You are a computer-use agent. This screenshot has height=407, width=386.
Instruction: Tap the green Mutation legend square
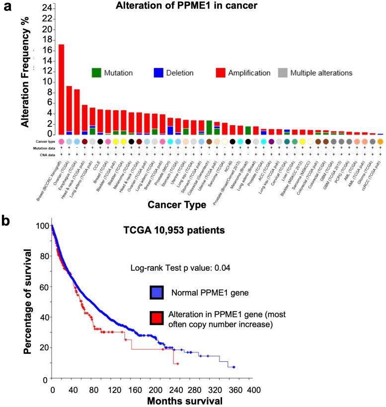click(96, 73)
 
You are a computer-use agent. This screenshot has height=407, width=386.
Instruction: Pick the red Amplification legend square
click(221, 73)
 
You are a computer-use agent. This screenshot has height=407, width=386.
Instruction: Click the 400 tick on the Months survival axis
click(254, 389)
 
